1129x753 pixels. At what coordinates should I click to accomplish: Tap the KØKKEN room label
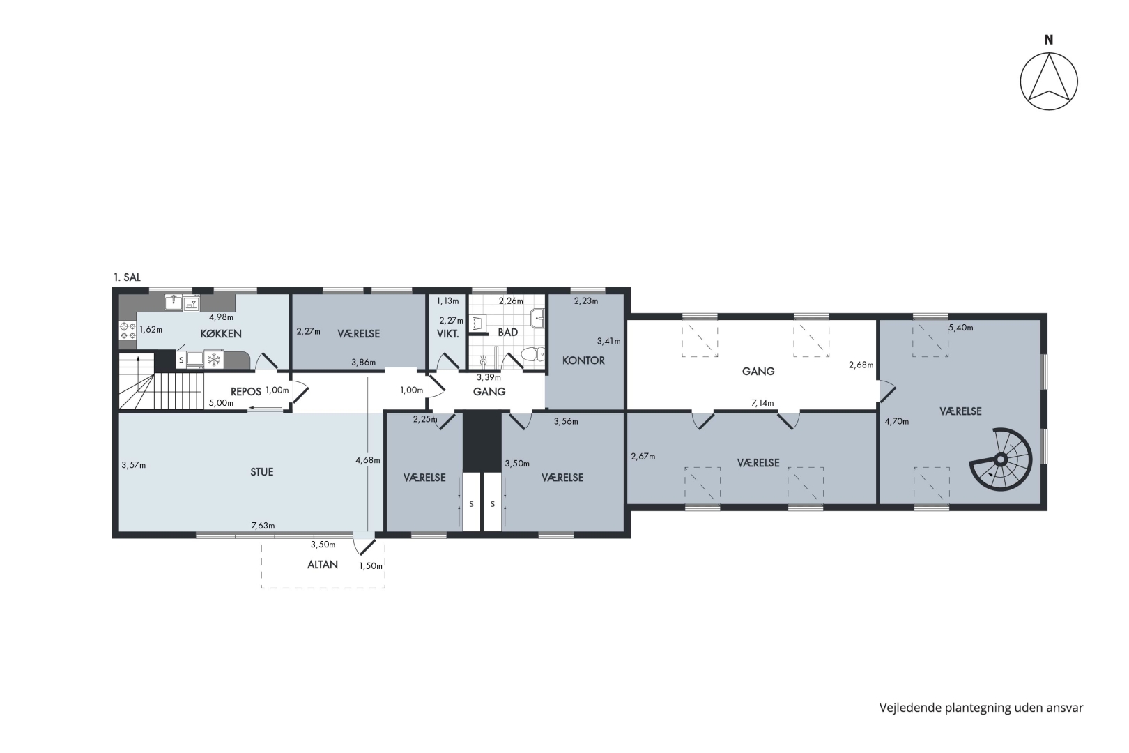pos(221,334)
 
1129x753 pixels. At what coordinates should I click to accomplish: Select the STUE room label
pos(261,472)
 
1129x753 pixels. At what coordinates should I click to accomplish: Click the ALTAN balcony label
pos(323,564)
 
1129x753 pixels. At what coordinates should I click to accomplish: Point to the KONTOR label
pos(583,360)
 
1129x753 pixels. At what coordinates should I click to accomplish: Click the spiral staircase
pos(1001,459)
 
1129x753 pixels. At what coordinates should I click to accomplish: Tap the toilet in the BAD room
pos(532,354)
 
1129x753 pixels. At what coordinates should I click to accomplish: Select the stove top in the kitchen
pos(128,331)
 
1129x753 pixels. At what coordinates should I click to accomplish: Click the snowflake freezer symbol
pos(214,360)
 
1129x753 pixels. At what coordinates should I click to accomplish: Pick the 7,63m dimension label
pos(263,526)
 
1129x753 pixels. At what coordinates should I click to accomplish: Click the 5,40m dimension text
pos(960,328)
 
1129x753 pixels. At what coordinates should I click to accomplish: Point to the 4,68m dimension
pos(367,460)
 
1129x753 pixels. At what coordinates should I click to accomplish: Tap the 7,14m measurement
pos(762,403)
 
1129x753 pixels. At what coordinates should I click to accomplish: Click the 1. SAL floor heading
pos(127,277)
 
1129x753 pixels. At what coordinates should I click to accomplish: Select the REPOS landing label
pos(246,392)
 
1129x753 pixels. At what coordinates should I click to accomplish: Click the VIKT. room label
pos(447,334)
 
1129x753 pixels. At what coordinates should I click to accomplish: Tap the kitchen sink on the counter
pos(174,303)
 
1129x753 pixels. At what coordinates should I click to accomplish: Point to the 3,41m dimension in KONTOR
pos(609,342)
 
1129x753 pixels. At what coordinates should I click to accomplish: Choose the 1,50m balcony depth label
pos(371,566)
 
